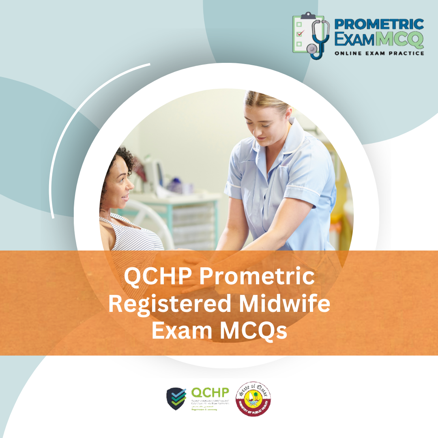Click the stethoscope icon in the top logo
pyautogui.click(x=316, y=39)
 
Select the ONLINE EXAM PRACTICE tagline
pyautogui.click(x=379, y=53)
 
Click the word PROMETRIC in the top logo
pyautogui.click(x=379, y=24)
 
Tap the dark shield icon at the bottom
pyautogui.click(x=176, y=399)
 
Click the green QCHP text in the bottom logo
pyautogui.click(x=210, y=393)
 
